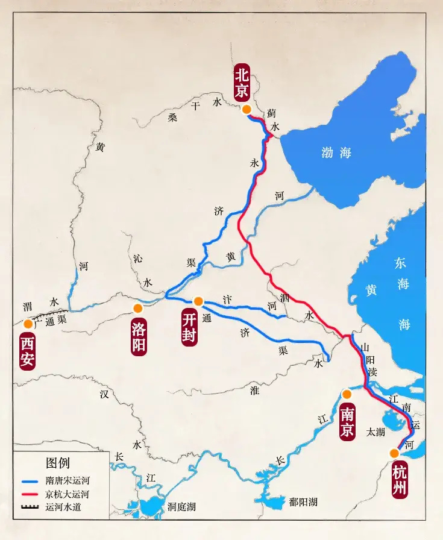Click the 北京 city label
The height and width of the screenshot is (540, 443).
(242, 83)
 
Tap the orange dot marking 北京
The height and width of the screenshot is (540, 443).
(246, 109)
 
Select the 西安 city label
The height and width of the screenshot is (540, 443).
(27, 353)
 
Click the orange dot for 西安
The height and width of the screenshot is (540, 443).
(28, 324)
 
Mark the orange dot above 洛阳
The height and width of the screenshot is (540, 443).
(138, 309)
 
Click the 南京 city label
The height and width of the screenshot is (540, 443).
(347, 422)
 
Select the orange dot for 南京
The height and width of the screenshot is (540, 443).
(347, 394)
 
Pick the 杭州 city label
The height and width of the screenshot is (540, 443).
(399, 480)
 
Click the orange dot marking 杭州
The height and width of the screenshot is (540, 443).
(394, 453)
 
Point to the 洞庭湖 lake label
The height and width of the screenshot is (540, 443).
(181, 506)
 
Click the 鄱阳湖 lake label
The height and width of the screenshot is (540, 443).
(303, 501)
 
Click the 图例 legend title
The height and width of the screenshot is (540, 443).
(58, 463)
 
